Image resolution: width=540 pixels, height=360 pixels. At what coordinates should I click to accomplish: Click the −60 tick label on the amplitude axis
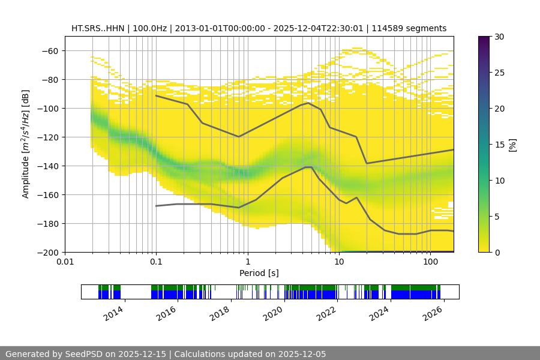pyautogui.click(x=49, y=50)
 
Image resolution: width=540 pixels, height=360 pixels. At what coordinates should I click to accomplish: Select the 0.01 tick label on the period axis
pyautogui.click(x=65, y=262)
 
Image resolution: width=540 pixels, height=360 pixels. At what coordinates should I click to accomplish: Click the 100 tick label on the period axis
pyautogui.click(x=430, y=262)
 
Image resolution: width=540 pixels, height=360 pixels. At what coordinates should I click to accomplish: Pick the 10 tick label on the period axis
pyautogui.click(x=339, y=262)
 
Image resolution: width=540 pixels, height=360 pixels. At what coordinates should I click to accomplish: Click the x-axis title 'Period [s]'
pyautogui.click(x=259, y=273)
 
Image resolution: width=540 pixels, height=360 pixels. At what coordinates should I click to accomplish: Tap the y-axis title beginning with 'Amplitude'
pyautogui.click(x=26, y=144)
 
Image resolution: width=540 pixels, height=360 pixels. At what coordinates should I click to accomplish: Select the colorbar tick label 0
pyautogui.click(x=497, y=252)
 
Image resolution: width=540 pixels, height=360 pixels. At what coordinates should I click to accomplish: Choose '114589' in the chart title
pyautogui.click(x=387, y=28)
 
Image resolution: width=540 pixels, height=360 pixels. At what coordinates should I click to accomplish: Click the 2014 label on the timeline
pyautogui.click(x=113, y=313)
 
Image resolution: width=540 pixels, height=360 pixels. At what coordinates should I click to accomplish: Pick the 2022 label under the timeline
pyautogui.click(x=326, y=313)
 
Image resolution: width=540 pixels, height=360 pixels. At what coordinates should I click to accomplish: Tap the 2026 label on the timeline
pyautogui.click(x=433, y=313)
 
